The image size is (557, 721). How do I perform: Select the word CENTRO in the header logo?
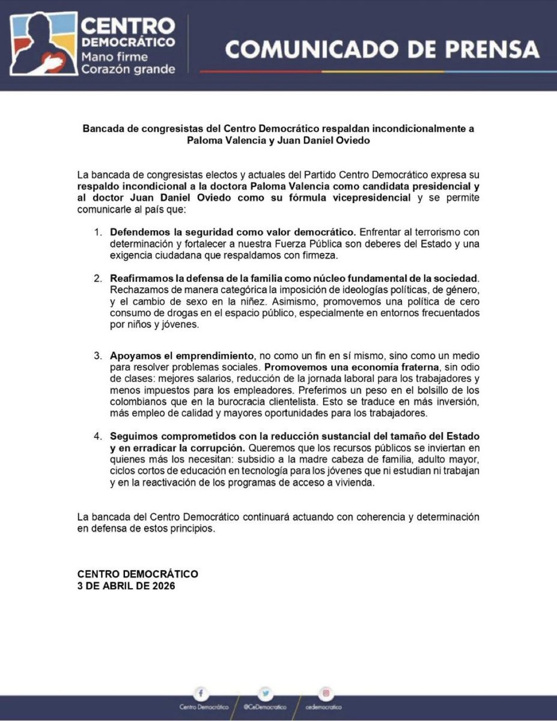128,26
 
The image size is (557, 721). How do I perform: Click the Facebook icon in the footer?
201,693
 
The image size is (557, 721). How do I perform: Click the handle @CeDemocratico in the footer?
266,707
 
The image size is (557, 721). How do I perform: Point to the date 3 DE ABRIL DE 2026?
126,586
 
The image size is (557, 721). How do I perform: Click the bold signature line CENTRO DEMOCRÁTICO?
138,574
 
